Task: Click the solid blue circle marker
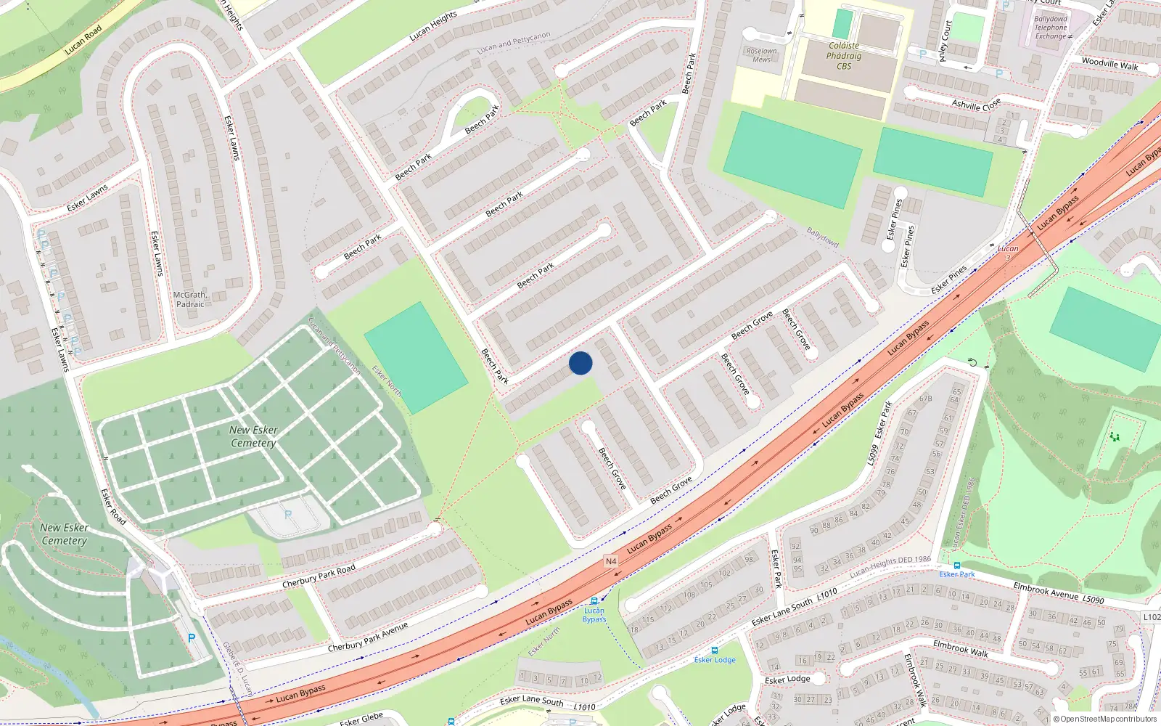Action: [580, 363]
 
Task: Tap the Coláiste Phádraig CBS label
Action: [844, 56]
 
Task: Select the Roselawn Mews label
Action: [761, 55]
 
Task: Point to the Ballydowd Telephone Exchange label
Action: [1051, 28]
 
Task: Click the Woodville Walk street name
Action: [1109, 64]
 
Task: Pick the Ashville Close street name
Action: [976, 105]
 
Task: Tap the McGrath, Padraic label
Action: [190, 300]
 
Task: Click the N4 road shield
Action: [611, 561]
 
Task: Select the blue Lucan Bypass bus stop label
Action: [594, 615]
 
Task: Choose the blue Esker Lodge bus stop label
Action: [715, 660]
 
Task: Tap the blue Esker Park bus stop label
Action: [957, 574]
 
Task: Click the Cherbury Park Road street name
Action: [319, 576]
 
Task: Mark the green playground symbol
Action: [1115, 436]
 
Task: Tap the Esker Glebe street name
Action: [361, 719]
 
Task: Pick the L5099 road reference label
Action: [872, 454]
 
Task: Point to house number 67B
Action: [925, 399]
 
